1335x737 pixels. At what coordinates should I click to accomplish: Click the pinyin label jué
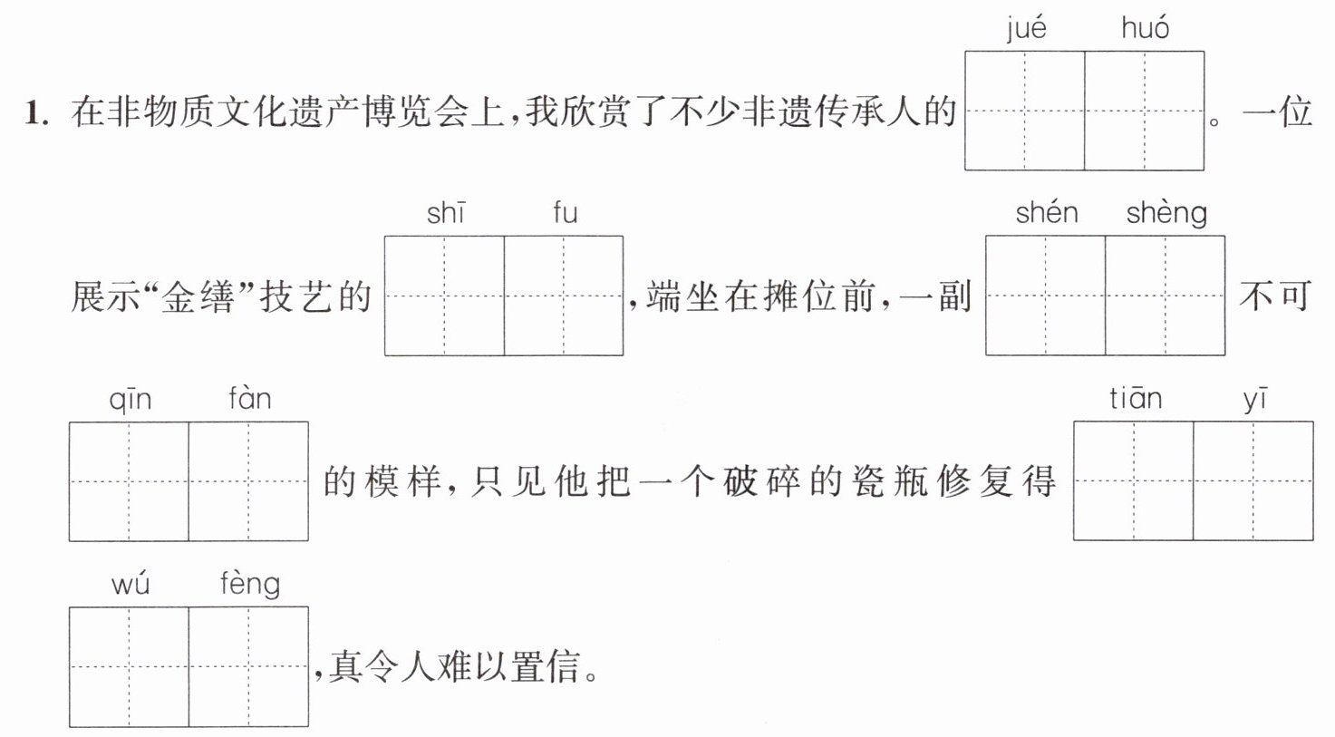coord(1026,29)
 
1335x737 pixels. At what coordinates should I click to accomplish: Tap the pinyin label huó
coord(1145,27)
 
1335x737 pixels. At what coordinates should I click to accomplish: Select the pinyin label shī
coord(446,213)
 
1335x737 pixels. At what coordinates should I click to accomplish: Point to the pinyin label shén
coord(1047,212)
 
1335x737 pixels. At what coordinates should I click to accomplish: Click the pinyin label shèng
coord(1166,214)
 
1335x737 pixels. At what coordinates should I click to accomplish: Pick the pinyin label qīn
coord(130,400)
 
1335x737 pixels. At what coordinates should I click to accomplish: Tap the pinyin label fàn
coord(250,398)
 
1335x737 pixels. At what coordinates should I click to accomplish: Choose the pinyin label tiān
coord(1136,398)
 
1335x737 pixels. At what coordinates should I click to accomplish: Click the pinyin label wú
coord(130,584)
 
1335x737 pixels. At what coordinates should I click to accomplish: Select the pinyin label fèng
coord(250,585)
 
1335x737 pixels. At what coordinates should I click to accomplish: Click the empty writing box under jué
coord(1024,111)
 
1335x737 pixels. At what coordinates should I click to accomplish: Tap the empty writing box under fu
coord(564,296)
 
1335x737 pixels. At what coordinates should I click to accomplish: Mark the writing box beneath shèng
coord(1166,296)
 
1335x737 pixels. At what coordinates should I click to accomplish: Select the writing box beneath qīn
coord(129,481)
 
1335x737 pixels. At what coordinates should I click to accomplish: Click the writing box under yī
coord(1253,481)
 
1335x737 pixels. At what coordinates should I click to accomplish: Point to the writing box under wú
coord(129,666)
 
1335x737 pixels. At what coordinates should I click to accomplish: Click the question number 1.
coord(35,112)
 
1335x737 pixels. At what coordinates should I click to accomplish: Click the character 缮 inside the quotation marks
coord(217,297)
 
